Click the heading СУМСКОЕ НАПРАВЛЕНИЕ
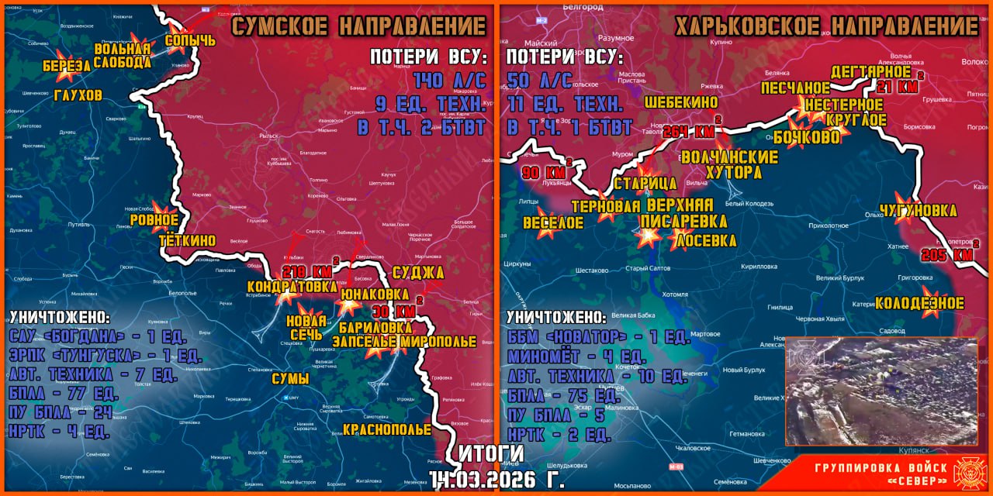point(359,27)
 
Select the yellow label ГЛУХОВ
point(78,95)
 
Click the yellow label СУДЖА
point(418,272)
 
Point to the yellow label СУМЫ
point(290,379)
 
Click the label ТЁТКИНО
point(187,241)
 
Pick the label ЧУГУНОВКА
point(918,211)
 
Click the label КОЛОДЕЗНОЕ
point(919,303)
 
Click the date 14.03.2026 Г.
point(496,478)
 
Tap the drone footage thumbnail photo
point(881,391)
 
